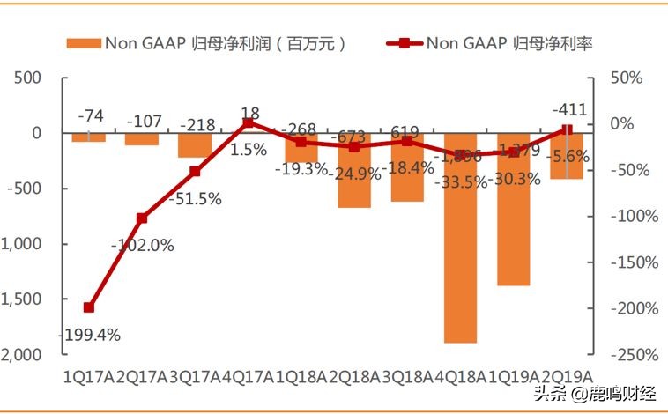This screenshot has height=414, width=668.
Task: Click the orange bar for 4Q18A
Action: [460, 238]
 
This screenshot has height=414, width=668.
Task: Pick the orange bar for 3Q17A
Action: [195, 145]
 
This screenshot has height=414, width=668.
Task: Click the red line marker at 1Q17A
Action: [89, 307]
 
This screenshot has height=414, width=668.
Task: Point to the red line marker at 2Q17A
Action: [142, 218]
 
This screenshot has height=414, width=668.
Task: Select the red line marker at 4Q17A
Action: [248, 123]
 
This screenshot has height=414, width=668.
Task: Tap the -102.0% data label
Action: [143, 246]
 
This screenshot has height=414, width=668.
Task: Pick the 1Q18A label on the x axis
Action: [301, 377]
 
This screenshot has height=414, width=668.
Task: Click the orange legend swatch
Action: [83, 43]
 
